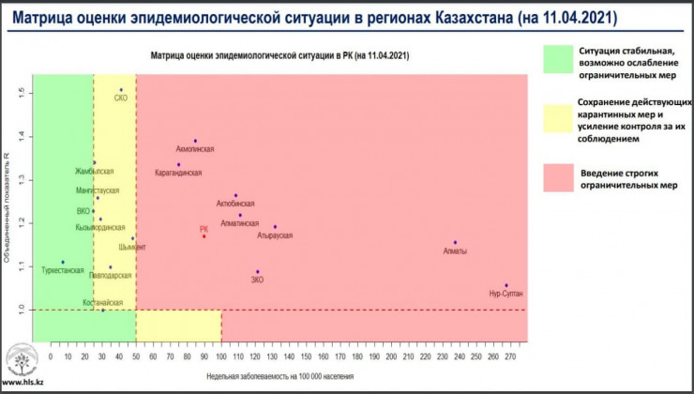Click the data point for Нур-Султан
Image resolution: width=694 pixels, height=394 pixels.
505,285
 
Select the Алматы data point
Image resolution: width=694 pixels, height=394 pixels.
455,243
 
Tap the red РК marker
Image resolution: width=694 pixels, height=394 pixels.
204,236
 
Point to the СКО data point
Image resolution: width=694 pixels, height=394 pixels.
121,90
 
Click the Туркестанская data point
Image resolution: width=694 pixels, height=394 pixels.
63,262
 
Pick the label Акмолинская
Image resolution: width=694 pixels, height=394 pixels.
196,150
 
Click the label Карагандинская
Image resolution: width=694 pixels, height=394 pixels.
178,174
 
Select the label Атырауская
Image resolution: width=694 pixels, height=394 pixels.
275,235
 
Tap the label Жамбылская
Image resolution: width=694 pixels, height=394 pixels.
95,172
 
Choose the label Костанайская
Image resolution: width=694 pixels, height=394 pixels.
102,302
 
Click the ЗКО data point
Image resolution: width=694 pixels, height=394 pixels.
257,272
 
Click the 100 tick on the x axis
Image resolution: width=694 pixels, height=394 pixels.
221,356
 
